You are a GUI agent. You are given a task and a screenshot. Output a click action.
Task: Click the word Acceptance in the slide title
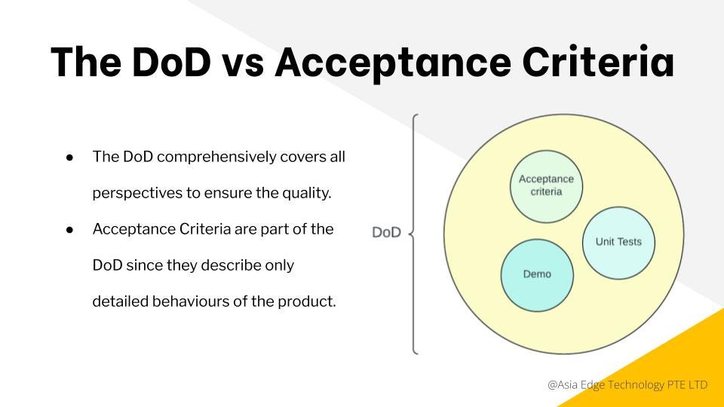pyautogui.click(x=393, y=63)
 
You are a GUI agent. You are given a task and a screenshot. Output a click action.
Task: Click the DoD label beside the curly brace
pyautogui.click(x=386, y=232)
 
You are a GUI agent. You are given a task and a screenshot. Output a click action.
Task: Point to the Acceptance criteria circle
pyautogui.click(x=546, y=186)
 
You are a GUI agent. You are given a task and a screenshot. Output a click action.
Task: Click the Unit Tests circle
pyautogui.click(x=618, y=243)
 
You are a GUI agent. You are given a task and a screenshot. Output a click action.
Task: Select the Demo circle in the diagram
pyautogui.click(x=537, y=275)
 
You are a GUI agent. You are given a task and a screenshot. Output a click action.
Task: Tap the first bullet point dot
pyautogui.click(x=69, y=158)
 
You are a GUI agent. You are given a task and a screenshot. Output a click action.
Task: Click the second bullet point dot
pyautogui.click(x=69, y=230)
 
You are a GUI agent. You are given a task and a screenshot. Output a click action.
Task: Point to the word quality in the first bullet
pyautogui.click(x=307, y=194)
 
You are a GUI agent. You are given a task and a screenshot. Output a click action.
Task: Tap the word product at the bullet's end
pyautogui.click(x=307, y=301)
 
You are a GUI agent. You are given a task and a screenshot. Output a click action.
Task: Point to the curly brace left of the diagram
pyautogui.click(x=414, y=234)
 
